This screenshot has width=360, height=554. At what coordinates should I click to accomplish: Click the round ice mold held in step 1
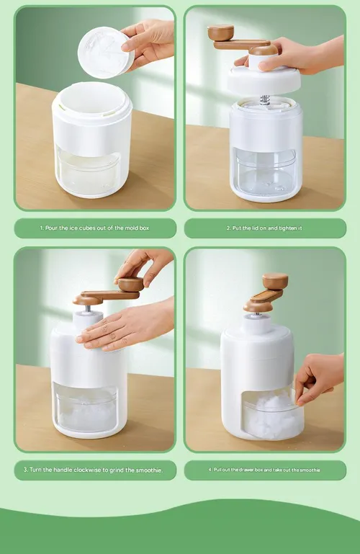105,53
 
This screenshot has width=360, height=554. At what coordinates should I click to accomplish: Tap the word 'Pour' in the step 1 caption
51,228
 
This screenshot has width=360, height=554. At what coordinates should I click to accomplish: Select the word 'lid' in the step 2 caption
255,228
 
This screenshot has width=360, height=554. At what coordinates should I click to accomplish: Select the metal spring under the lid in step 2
265,100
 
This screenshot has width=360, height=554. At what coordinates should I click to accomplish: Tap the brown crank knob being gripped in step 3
130,284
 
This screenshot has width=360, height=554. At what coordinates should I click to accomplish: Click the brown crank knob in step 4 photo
275,281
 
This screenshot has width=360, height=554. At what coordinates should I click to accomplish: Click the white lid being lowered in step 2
264,81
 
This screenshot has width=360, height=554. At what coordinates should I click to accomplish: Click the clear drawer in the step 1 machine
89,171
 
